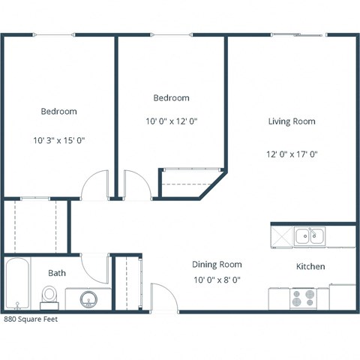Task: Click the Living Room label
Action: click(292, 121)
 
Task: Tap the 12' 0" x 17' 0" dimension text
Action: click(292, 154)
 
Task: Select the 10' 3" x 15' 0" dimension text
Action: click(58, 140)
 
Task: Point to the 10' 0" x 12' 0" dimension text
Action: click(171, 120)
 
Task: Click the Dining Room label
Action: click(217, 264)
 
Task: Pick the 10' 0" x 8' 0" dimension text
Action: click(217, 280)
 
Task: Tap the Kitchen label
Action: click(310, 266)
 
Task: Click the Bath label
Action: click(57, 273)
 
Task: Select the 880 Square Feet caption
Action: click(30, 318)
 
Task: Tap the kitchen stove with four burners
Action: click(303, 298)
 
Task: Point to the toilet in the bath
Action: click(49, 297)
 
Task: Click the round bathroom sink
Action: click(88, 301)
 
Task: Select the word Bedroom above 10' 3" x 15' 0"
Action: click(58, 111)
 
